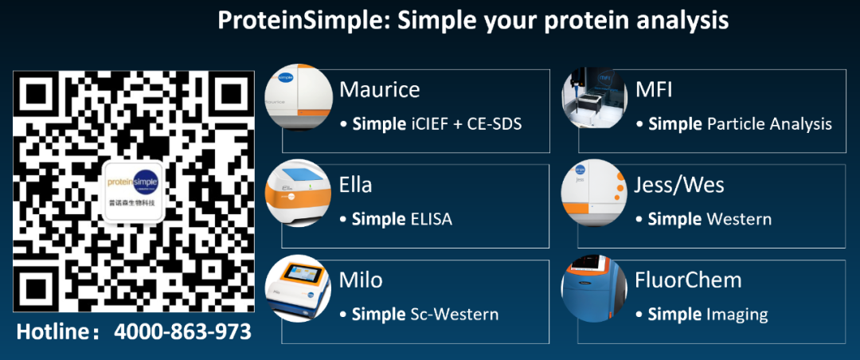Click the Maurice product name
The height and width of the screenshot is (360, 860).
[x=380, y=89]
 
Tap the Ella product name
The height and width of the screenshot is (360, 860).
[x=355, y=185]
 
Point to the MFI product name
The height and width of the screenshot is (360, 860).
[x=654, y=89]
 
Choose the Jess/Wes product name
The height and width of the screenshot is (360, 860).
[x=679, y=186]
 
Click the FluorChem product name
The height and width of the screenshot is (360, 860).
[x=688, y=280]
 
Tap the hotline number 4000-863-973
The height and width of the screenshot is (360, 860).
[x=182, y=331]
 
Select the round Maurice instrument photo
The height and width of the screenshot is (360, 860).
[x=299, y=97]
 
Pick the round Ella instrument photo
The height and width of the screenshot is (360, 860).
[x=299, y=194]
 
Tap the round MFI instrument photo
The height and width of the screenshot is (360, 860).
[x=595, y=97]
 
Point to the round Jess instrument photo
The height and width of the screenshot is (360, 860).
[x=595, y=194]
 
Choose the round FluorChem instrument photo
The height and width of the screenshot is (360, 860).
[x=595, y=288]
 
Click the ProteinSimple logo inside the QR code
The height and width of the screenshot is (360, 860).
[x=134, y=191]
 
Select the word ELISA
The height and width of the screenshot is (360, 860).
[x=432, y=220]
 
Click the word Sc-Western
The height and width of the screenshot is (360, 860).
[x=455, y=315]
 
